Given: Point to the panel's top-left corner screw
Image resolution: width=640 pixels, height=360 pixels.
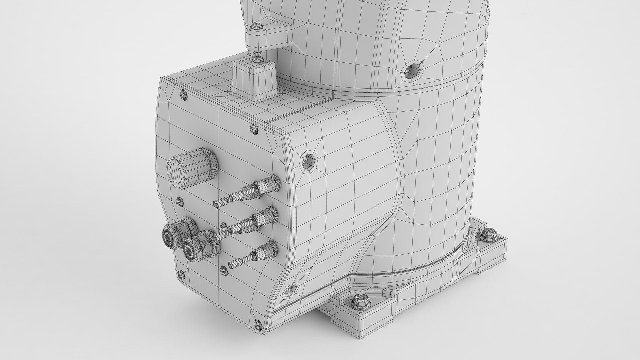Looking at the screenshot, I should pos(183,95).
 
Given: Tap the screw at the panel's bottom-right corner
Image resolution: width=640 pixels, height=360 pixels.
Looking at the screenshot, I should pos(257,323).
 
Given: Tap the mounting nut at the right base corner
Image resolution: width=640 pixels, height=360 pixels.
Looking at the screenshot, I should pos(488,235).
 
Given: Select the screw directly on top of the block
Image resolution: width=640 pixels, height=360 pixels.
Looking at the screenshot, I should pos(257,59).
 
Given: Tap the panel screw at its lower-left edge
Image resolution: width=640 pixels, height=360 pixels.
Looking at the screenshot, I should pos(181,274).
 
